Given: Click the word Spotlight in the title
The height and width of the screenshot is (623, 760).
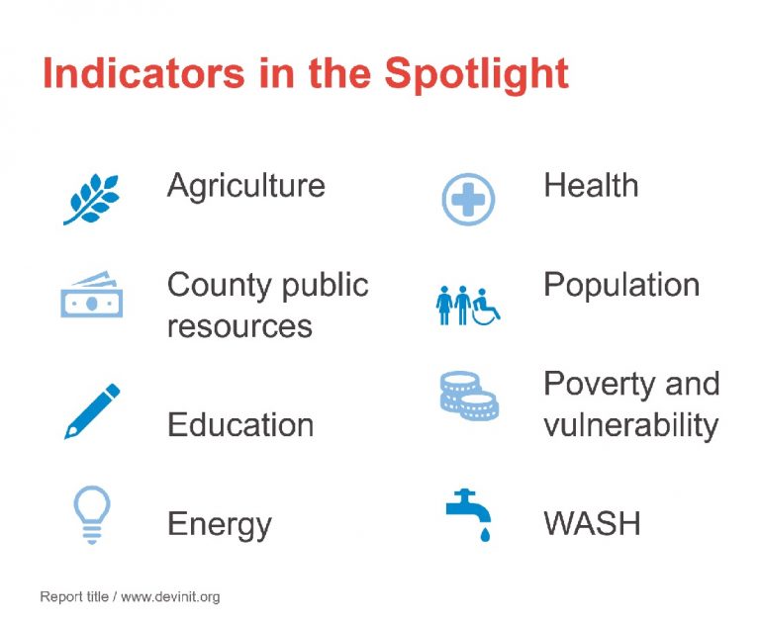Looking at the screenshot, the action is coord(476,74).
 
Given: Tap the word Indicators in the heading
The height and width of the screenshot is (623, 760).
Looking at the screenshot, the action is coord(143,72).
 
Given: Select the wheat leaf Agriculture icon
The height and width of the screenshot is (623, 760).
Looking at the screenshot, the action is coord(92,199).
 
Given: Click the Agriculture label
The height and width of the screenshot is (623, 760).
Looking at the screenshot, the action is coord(245,187).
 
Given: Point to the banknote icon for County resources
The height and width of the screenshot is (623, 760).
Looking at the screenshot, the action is coord(92,294).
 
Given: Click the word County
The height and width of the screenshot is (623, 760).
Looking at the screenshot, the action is coord(220,287).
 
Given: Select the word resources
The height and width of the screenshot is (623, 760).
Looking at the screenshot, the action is coord(239,326).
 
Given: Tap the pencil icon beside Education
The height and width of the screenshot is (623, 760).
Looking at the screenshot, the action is coord(92,411).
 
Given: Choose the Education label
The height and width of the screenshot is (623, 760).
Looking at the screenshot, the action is coord(240,424).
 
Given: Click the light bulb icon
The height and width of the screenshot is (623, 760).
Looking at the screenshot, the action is coord(92,515).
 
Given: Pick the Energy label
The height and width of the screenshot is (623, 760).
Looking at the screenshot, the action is coord(219,526).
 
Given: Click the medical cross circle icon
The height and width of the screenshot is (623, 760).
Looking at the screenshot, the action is coord(468,199).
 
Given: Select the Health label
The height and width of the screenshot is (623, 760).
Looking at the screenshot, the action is coord(591,185).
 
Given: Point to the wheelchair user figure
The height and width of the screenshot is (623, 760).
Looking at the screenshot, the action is coord(486,308).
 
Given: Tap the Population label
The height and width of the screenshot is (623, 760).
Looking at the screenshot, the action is coord(621,286).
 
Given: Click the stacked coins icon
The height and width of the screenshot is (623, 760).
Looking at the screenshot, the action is coord(469,396).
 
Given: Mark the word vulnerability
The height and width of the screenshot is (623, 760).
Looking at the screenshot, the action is coord(630,426).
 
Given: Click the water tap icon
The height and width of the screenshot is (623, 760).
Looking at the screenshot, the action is coord(469,514).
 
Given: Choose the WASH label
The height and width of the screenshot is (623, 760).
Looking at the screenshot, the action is coord(592,523).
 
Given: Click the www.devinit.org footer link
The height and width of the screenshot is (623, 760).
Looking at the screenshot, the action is coord(170,597).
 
